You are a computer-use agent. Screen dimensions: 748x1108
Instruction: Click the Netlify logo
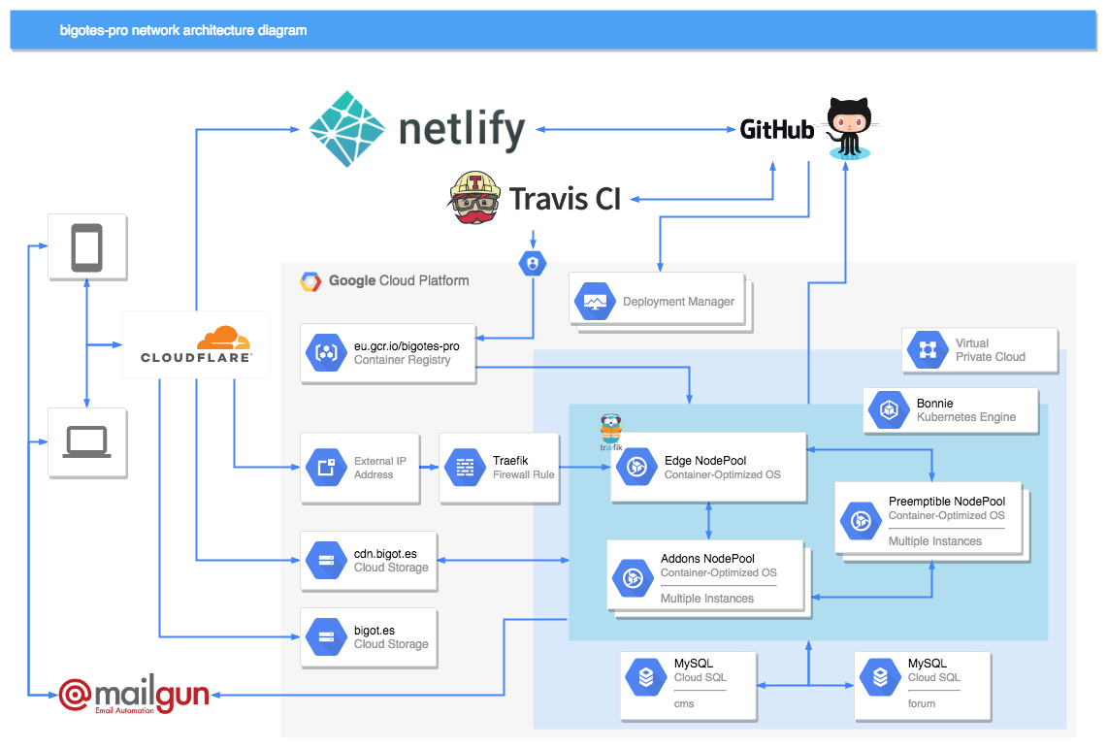pyautogui.click(x=416, y=129)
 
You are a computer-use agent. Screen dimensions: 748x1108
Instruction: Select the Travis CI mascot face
pyautogui.click(x=474, y=198)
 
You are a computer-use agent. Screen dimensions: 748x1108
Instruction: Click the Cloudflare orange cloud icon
pyautogui.click(x=223, y=339)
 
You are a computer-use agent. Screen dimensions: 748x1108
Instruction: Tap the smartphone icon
pyautogui.click(x=87, y=247)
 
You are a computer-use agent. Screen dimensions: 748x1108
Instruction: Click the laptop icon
pyautogui.click(x=87, y=442)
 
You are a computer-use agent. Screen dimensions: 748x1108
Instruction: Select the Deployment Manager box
pyautogui.click(x=660, y=302)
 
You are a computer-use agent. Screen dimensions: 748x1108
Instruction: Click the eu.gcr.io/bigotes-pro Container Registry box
pyautogui.click(x=388, y=352)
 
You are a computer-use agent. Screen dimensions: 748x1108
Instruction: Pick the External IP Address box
pyautogui.click(x=360, y=468)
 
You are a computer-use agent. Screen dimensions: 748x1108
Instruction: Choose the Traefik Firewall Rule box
pyautogui.click(x=499, y=468)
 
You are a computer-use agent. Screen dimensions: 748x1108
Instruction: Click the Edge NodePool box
pyautogui.click(x=708, y=468)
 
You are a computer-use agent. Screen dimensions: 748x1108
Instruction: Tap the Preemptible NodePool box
pyautogui.click(x=930, y=520)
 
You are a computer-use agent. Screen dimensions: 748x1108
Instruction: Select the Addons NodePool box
pyautogui.click(x=705, y=578)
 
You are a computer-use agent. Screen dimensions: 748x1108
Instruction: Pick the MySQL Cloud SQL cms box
pyautogui.click(x=688, y=683)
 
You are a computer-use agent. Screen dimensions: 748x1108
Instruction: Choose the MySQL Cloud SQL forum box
pyautogui.click(x=922, y=683)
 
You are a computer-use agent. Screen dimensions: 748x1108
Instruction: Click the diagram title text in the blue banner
pyautogui.click(x=183, y=30)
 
